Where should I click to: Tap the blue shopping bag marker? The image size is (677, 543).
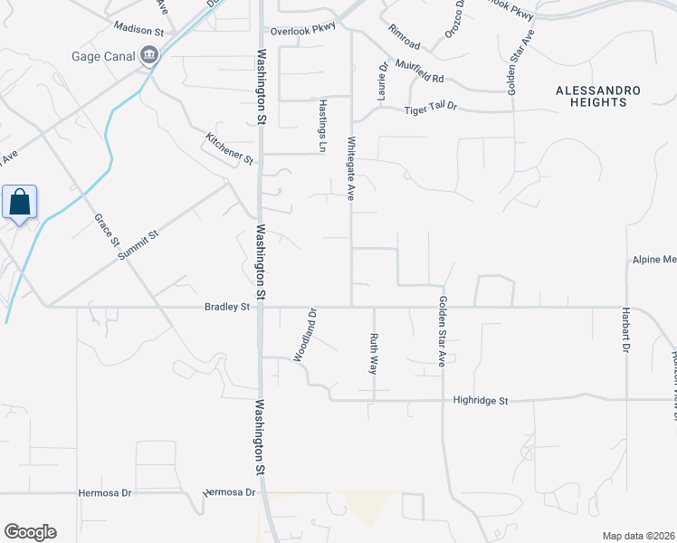[x=20, y=203]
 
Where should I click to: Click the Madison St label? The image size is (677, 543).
[x=138, y=30]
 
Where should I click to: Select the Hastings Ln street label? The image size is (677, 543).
[x=321, y=125]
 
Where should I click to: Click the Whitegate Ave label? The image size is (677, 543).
[x=350, y=168]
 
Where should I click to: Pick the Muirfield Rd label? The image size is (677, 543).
[x=419, y=79]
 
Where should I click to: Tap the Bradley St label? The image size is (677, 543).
[x=226, y=307]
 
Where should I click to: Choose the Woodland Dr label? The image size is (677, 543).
[x=301, y=336]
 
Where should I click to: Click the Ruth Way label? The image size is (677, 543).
[x=373, y=354]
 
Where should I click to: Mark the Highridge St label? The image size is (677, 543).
[x=482, y=400]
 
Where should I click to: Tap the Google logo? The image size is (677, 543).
[x=30, y=532]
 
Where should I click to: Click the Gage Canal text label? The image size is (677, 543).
[x=102, y=56]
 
